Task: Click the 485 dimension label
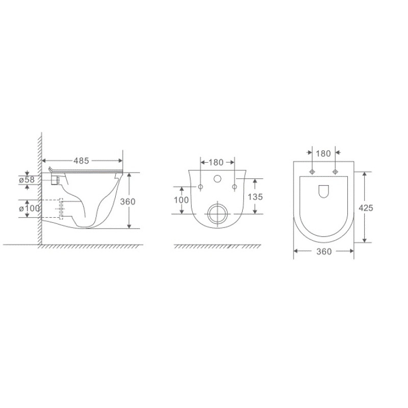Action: pos(81,161)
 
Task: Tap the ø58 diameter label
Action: pos(27,180)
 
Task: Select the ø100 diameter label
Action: pos(30,208)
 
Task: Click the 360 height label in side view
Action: pos(127,201)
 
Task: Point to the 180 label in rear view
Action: pos(216,162)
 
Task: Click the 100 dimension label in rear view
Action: pos(181,200)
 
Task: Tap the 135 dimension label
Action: pos(255,197)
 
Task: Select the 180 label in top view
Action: pos(323,154)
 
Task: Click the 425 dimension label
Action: pos(366,208)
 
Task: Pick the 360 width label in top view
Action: pos(324,251)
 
